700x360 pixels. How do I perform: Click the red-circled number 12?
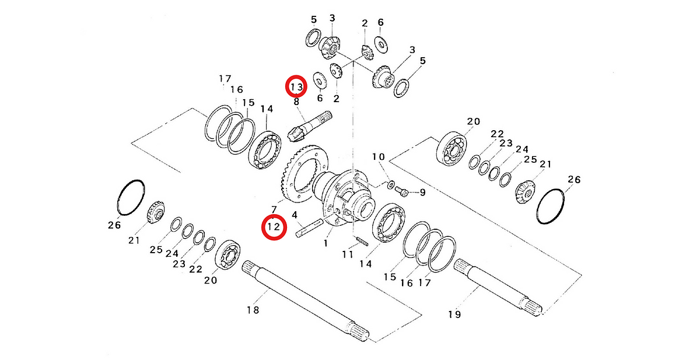point(273,227)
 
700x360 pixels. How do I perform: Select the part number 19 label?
point(454,314)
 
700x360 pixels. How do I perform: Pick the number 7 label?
point(273,209)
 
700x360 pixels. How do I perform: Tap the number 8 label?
point(296,102)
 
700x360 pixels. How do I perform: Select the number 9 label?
point(422,192)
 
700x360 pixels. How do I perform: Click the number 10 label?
point(379,157)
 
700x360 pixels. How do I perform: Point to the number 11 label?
point(348,254)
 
